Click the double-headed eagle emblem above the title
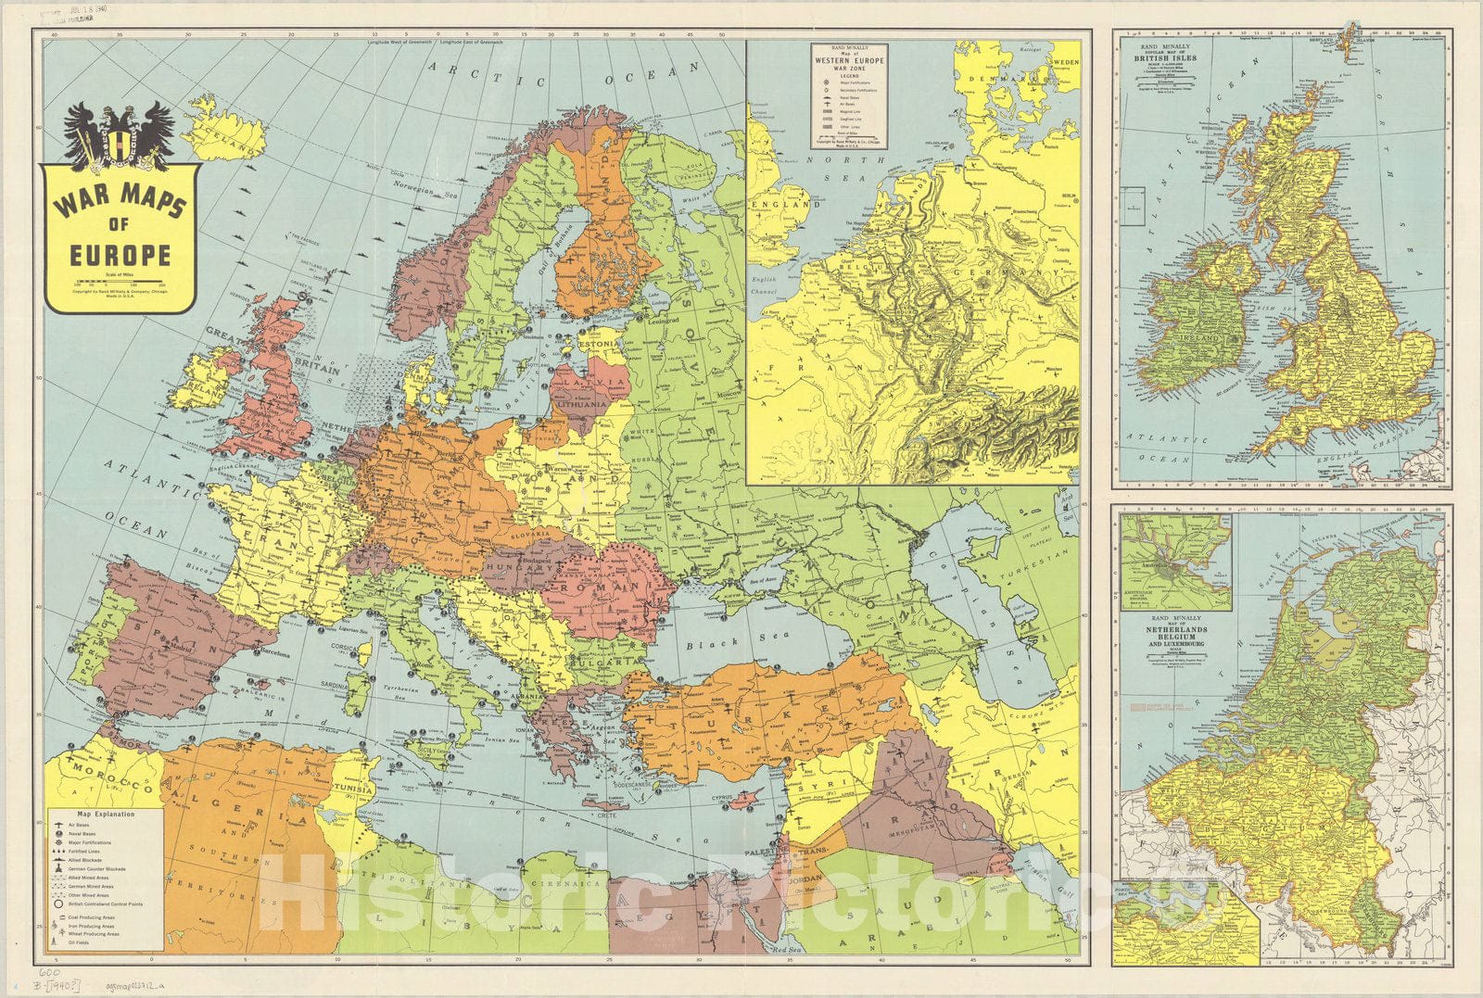pyautogui.click(x=120, y=135)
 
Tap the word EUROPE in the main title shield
pyautogui.click(x=120, y=255)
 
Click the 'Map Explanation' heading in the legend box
pyautogui.click(x=108, y=815)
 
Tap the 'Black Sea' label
pyautogui.click(x=711, y=641)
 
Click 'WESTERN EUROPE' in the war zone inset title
pyautogui.click(x=849, y=61)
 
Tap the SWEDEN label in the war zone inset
pyautogui.click(x=1065, y=61)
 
